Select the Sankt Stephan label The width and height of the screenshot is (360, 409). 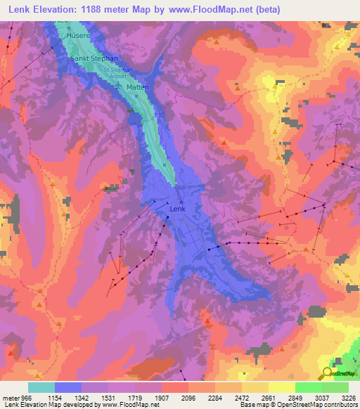(x=94, y=59)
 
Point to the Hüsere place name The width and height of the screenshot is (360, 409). (x=79, y=34)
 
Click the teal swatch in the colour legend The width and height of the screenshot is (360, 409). (x=41, y=387)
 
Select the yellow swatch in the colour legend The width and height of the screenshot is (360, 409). (x=281, y=387)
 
